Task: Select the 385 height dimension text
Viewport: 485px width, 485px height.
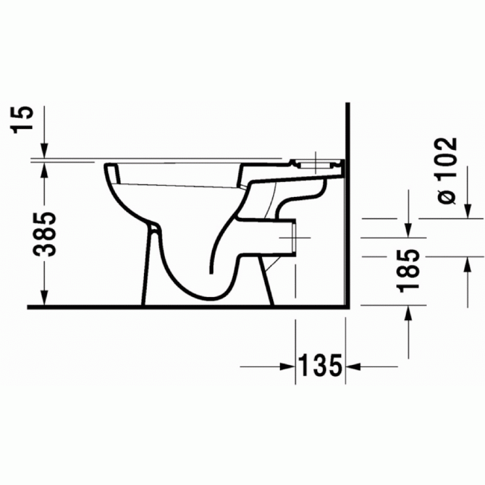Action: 46,234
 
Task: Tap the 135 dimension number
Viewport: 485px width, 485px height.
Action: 320,366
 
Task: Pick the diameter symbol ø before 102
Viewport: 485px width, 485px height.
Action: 445,195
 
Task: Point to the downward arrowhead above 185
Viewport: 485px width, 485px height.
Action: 408,228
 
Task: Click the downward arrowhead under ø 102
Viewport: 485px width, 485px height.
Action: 469,212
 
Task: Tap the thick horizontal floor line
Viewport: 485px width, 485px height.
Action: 187,307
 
